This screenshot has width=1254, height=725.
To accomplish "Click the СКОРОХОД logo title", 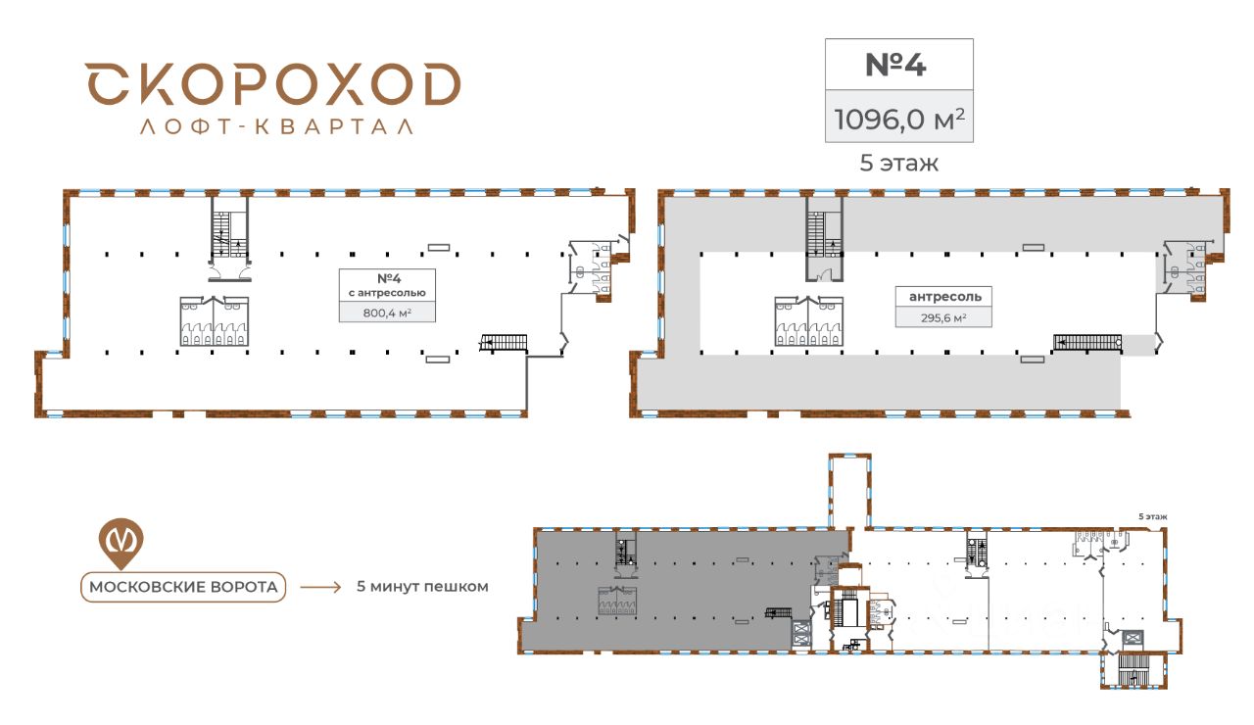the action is (x=271, y=84).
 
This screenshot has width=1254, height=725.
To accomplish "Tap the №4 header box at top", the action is (x=898, y=64).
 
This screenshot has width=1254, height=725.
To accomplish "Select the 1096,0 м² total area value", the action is (x=898, y=119).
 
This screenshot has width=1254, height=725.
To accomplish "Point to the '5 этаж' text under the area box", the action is (x=898, y=164).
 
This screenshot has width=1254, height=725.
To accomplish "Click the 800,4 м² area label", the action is (x=387, y=313).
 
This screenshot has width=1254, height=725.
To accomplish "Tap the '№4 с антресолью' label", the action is (x=387, y=284).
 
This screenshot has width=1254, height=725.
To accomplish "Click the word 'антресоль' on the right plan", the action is (x=944, y=296).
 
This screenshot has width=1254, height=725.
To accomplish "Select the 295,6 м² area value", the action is (x=944, y=317).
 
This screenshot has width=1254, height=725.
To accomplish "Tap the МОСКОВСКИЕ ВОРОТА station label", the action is (x=183, y=587).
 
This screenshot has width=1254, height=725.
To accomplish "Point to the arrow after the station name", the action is (x=320, y=588).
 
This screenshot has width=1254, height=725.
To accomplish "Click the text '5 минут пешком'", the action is (x=422, y=587).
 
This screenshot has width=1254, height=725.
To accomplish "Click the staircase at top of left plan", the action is (x=228, y=233).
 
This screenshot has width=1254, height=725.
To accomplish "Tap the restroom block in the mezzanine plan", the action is (x=809, y=321).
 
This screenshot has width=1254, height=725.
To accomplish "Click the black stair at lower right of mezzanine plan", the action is (x=1086, y=342).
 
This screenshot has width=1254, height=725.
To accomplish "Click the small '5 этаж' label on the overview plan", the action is (x=1152, y=516).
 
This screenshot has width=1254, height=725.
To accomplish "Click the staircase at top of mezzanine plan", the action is (x=824, y=235).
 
